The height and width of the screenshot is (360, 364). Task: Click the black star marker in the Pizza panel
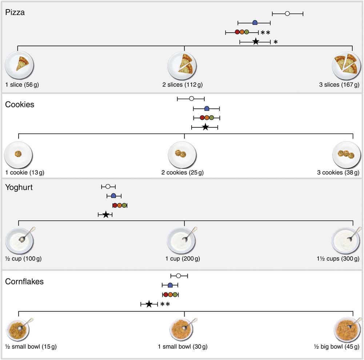pyautogui.click(x=256, y=41)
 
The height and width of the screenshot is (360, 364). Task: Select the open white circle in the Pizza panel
pyautogui.click(x=287, y=14)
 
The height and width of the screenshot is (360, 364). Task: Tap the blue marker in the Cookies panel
pyautogui.click(x=207, y=108)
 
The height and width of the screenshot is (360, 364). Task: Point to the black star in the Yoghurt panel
pyautogui.click(x=105, y=215)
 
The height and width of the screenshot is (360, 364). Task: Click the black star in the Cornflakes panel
pyautogui.click(x=149, y=304)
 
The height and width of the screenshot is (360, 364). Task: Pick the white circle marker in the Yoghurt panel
pyautogui.click(x=108, y=187)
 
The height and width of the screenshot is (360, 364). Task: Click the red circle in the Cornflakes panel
pyautogui.click(x=165, y=295)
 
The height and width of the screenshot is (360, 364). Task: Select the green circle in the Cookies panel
pyautogui.click(x=212, y=117)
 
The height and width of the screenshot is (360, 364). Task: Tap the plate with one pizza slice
pyautogui.click(x=19, y=66)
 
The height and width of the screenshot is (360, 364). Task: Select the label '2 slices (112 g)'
pyautogui.click(x=182, y=85)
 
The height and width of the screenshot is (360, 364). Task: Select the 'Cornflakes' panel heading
pyautogui.click(x=24, y=281)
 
